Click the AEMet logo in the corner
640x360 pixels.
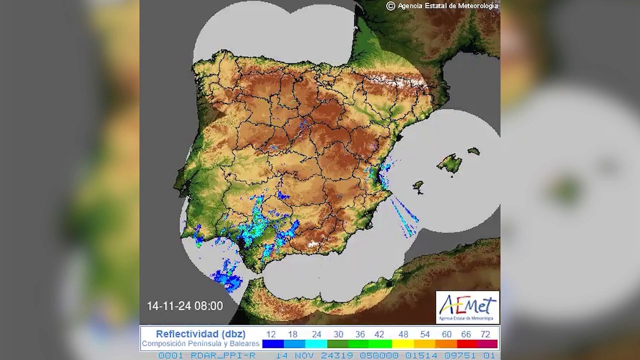[467, 307]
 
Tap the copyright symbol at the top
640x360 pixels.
[390, 5]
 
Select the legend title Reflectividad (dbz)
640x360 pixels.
[200, 334]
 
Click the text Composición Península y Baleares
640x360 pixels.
[200, 344]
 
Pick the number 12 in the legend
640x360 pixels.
[271, 334]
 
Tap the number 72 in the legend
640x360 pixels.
[485, 334]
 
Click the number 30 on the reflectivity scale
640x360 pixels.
[338, 334]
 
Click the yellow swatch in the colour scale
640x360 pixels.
[402, 344]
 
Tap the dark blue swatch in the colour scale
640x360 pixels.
[273, 344]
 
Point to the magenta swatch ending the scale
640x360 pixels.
[487, 344]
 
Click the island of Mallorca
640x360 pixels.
[450, 163]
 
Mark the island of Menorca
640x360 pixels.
[473, 150]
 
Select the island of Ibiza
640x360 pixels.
[418, 186]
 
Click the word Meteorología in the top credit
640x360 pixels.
[475, 5]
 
